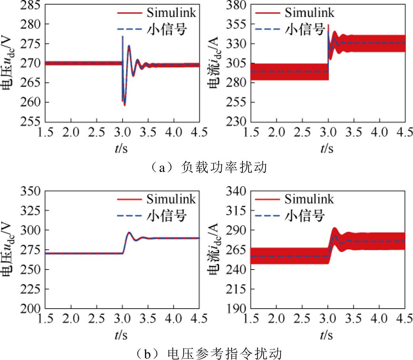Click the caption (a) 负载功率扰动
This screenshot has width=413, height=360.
coord(207,168)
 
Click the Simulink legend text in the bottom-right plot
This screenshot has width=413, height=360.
coord(309,199)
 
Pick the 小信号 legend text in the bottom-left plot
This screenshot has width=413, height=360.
coord(171,215)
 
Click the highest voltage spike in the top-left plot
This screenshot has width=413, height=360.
coord(123,36)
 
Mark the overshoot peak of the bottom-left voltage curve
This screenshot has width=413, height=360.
coord(129,232)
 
